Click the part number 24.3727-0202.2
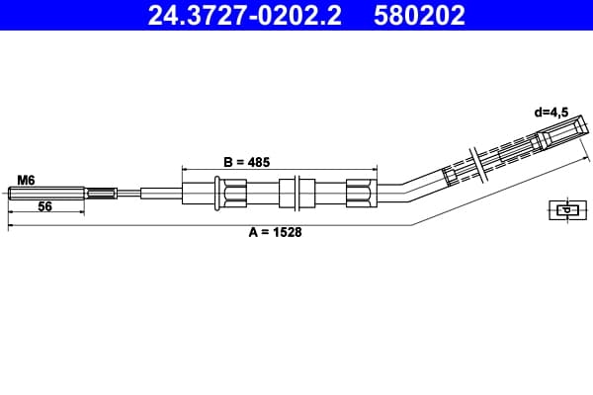pyautogui.click(x=245, y=15)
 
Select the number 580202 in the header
pyautogui.click(x=419, y=15)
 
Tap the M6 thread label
pyautogui.click(x=26, y=181)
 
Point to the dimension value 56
pyautogui.click(x=44, y=206)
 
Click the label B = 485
pyautogui.click(x=246, y=162)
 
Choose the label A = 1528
pyautogui.click(x=276, y=232)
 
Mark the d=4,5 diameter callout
pyautogui.click(x=551, y=113)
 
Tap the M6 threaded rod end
pyautogui.click(x=46, y=194)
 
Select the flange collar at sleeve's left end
pyautogui.click(x=217, y=193)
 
